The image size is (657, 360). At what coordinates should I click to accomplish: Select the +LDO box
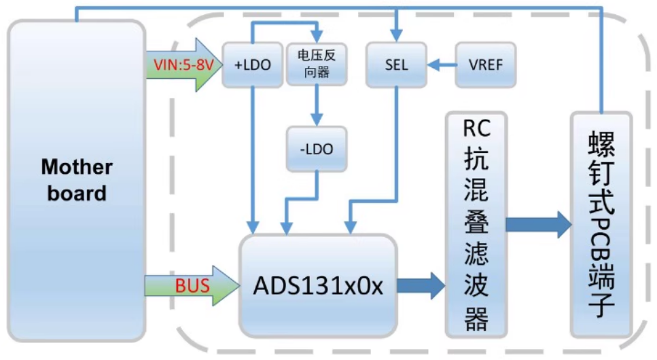253,66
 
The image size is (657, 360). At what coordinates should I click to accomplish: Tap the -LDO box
317,149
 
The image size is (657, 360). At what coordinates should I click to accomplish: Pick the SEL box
396,65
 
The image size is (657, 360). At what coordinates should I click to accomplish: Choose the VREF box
485,65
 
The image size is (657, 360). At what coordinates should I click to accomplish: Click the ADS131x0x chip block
318,285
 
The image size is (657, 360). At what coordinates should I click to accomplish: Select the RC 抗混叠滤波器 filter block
476,224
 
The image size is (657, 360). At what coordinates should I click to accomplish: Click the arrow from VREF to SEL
442,65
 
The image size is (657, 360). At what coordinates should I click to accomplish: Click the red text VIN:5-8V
179,65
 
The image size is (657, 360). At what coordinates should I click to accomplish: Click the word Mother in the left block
76,167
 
